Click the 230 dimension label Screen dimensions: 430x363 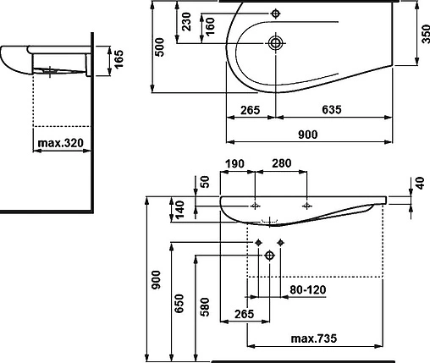[186, 22]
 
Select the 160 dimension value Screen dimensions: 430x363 [210, 26]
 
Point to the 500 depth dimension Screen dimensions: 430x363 [159, 47]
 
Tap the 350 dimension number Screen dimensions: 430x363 [426, 34]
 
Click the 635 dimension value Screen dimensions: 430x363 [332, 109]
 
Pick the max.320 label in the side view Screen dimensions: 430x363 [61, 143]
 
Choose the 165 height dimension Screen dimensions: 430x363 [119, 58]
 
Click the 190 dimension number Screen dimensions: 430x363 [234, 163]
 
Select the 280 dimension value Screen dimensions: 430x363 [281, 163]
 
